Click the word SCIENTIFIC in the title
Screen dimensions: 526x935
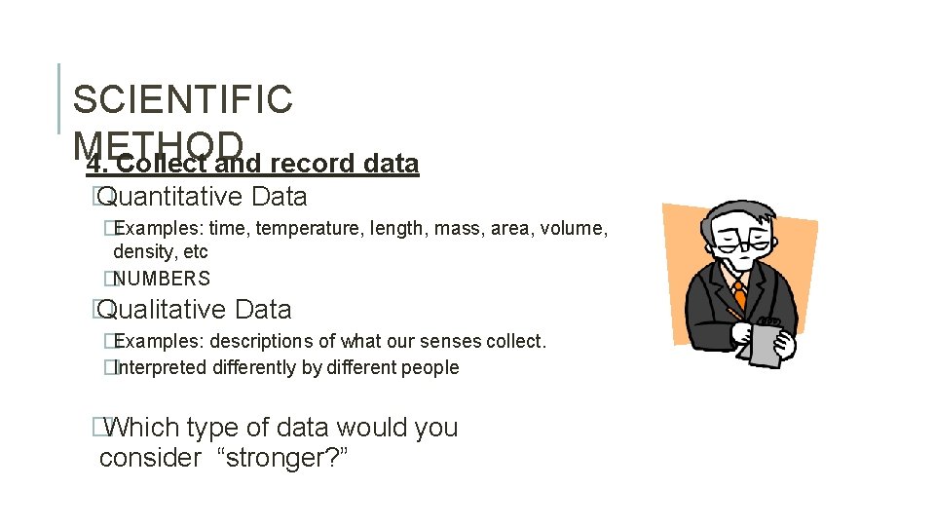point(182,99)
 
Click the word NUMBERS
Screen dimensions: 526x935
point(162,279)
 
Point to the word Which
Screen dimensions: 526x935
point(139,428)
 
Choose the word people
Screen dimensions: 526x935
point(428,368)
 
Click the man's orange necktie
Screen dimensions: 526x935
point(740,293)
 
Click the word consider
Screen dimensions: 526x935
point(149,458)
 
